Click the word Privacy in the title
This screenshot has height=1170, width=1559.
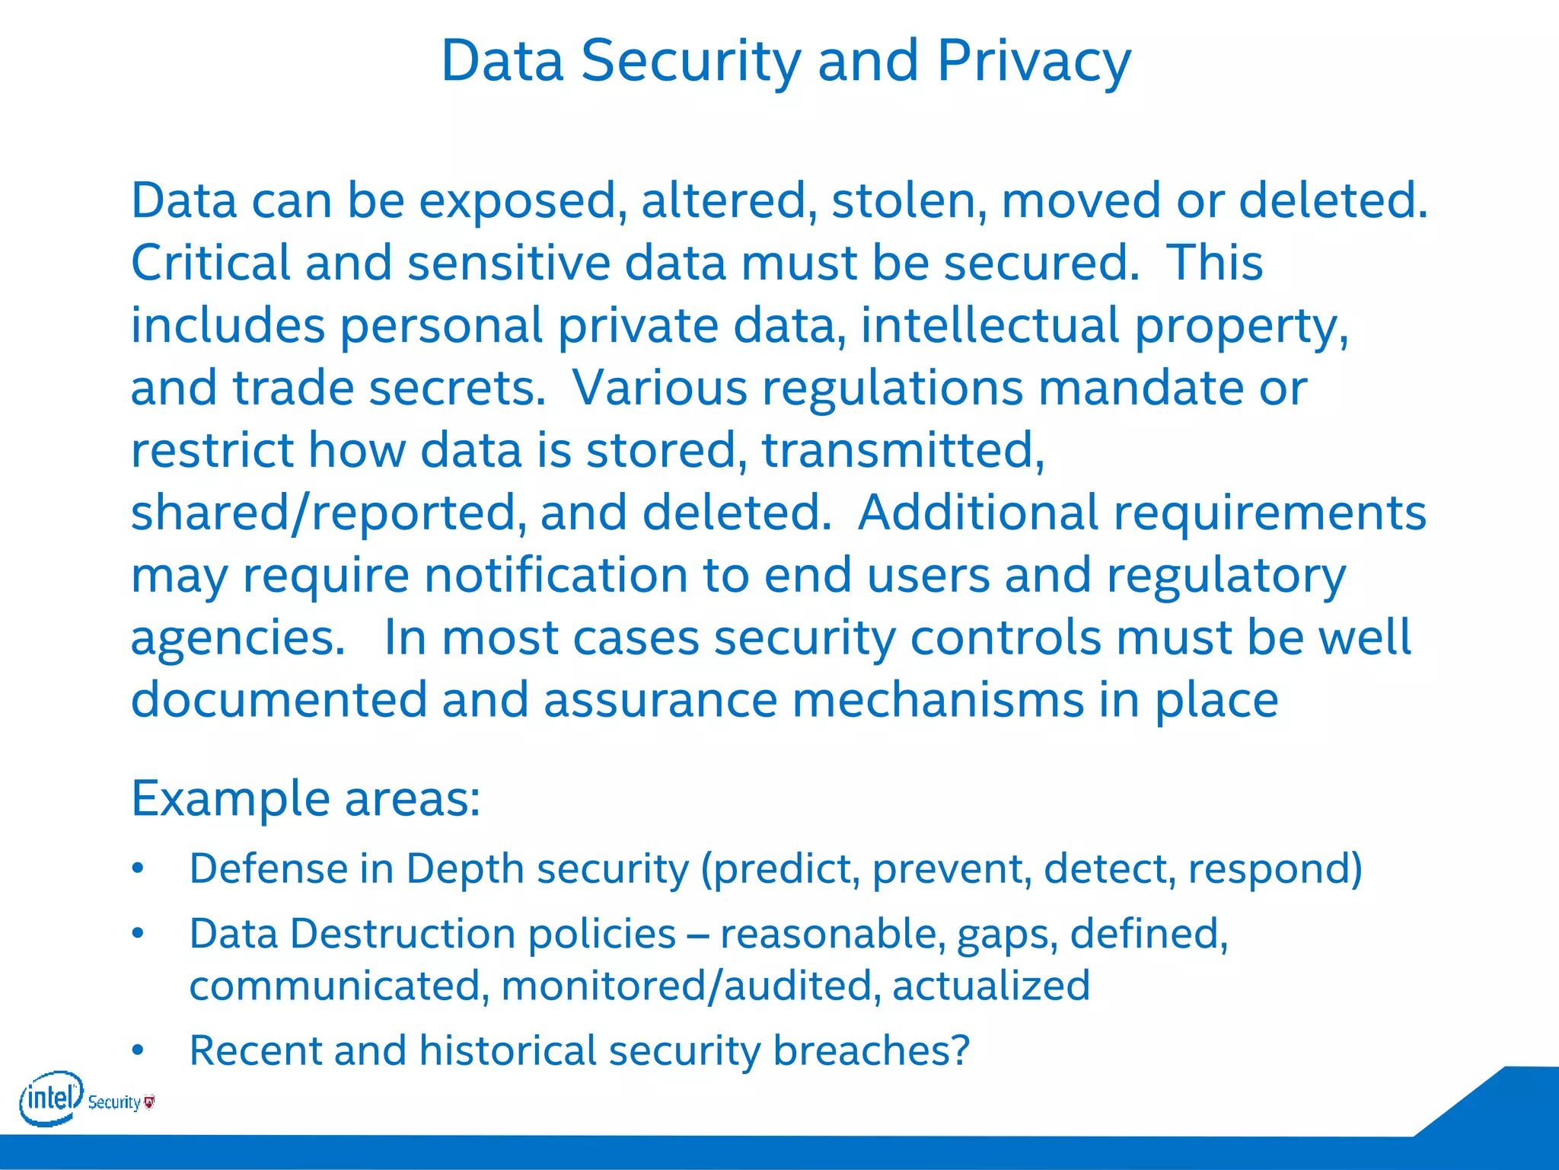coord(1033,61)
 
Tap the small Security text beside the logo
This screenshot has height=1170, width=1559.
coord(114,1102)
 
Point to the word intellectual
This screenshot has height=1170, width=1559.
coord(989,326)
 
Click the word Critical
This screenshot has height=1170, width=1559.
coord(210,264)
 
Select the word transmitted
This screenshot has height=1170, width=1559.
coord(903,451)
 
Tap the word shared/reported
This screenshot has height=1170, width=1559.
coord(328,513)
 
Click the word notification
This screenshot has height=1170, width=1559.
coord(556,576)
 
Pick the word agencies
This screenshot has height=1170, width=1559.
coord(238,638)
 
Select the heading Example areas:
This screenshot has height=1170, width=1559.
coord(306,799)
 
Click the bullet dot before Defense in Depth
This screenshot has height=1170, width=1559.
coord(138,870)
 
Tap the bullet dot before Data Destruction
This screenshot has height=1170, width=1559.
coord(138,934)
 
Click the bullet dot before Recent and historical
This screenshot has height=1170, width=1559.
coord(138,1051)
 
